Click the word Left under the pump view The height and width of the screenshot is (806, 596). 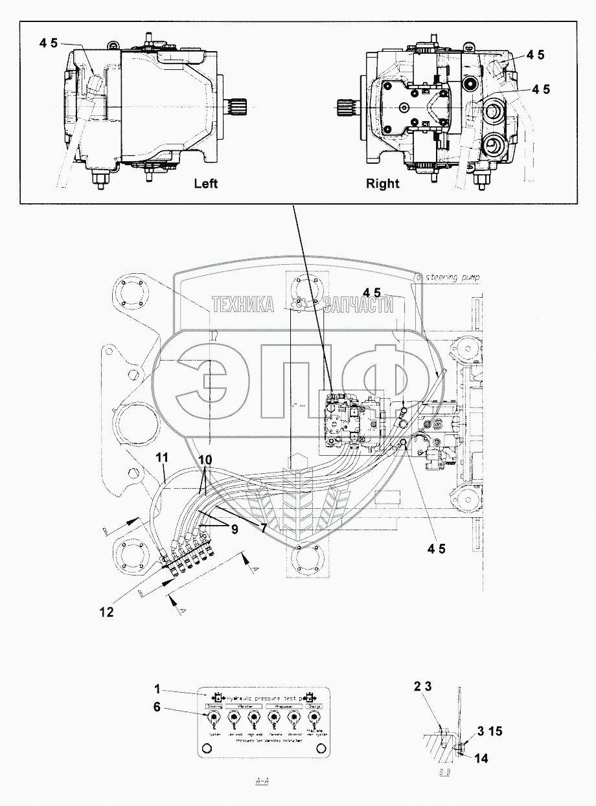click(206, 183)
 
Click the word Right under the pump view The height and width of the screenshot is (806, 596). click(383, 183)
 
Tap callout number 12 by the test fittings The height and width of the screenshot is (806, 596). click(106, 611)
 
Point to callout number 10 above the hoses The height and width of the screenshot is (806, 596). click(205, 459)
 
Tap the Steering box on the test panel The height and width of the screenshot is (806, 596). click(214, 706)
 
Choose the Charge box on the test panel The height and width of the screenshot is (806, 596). click(314, 706)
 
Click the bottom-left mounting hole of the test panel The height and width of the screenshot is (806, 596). click(207, 748)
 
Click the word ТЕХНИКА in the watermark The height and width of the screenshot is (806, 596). click(242, 304)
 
